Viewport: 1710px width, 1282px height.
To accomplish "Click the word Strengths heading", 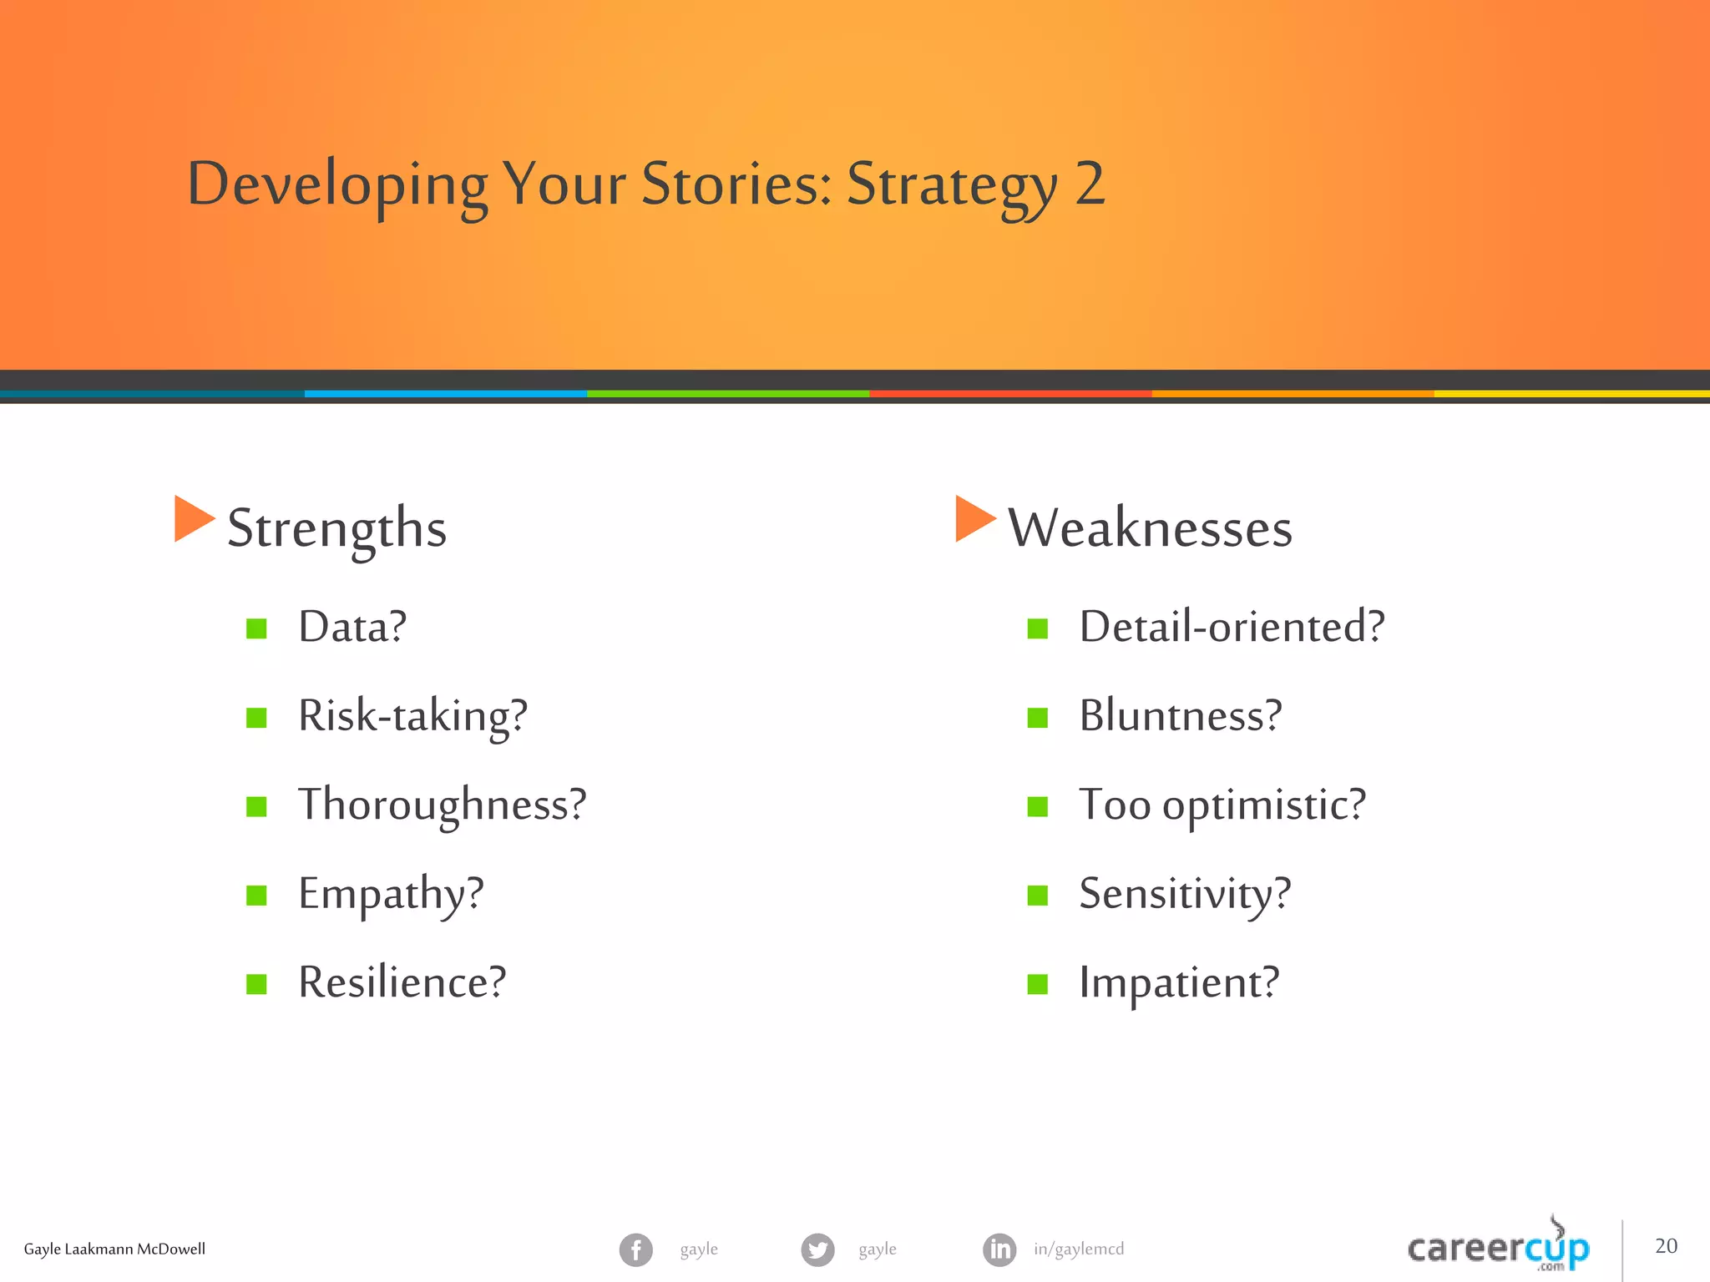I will click(336, 528).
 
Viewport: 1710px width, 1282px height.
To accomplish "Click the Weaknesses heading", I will click(1150, 528).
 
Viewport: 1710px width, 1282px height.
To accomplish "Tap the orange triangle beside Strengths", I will click(192, 518).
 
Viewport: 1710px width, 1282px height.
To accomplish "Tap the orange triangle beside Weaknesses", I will click(973, 518).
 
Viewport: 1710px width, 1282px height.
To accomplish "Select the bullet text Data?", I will click(352, 627).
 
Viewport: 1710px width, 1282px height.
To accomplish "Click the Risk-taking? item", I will click(412, 716).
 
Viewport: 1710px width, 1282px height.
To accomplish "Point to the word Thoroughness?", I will click(443, 805).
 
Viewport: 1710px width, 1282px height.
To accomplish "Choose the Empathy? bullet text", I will click(391, 894).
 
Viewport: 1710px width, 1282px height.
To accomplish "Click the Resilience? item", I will click(402, 982).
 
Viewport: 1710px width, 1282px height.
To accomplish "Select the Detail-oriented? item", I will click(1232, 627).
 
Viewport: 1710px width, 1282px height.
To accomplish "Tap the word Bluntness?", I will click(1180, 716).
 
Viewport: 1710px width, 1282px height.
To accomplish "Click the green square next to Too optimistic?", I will click(1037, 806).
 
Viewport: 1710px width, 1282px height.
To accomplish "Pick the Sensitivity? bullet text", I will click(1185, 894).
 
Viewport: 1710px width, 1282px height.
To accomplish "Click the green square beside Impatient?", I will click(1037, 984).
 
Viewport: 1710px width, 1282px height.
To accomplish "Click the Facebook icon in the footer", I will click(635, 1249).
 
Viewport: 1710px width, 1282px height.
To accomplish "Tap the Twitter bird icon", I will click(817, 1249).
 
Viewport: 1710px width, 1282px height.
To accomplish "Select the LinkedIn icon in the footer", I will click(999, 1249).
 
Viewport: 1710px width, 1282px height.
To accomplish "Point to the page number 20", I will click(1666, 1246).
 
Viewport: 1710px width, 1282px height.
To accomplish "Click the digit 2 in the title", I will click(1090, 184).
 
